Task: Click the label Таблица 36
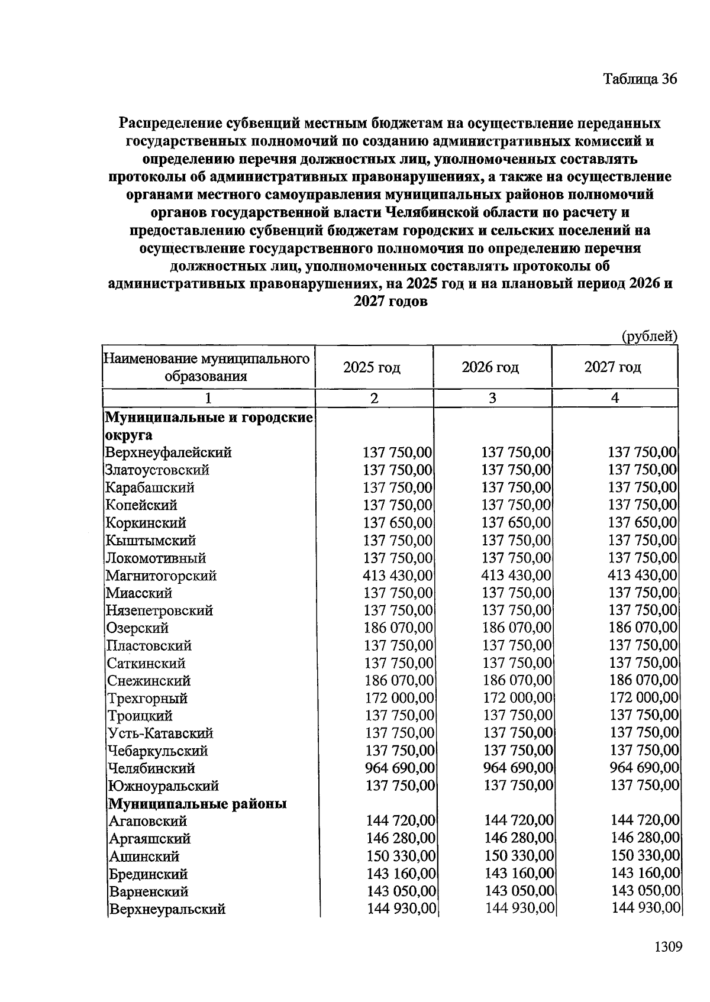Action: coord(639,79)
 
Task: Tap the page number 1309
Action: coord(668,947)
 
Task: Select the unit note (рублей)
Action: coord(649,337)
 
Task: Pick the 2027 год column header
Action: coord(612,367)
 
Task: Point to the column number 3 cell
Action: coord(492,398)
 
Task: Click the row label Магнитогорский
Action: coord(161,576)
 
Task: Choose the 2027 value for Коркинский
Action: coord(643,523)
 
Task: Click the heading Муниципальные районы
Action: coord(197,804)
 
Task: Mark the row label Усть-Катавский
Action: coord(160,733)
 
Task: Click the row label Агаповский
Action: coord(148,821)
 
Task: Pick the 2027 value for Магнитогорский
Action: coord(643,576)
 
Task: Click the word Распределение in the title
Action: coord(170,124)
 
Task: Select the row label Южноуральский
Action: coord(163,786)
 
